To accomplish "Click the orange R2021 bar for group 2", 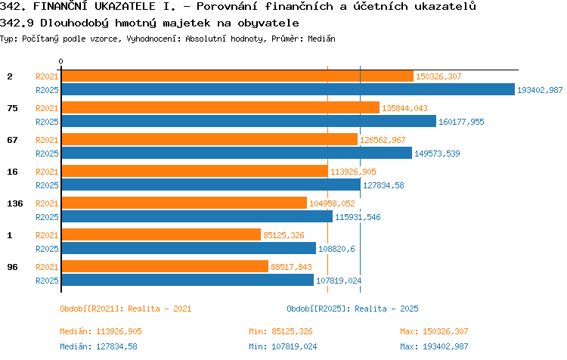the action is click(x=237, y=76).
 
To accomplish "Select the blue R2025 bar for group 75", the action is click(x=249, y=121).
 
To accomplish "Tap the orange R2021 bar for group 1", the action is click(x=161, y=234).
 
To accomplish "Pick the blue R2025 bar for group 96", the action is click(x=187, y=280).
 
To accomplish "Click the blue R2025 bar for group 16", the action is click(x=211, y=185).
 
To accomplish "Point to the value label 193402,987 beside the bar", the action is click(x=540, y=90).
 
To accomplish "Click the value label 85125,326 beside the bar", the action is click(x=283, y=235).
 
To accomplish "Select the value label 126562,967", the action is click(x=383, y=140).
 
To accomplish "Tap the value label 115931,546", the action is click(x=358, y=217).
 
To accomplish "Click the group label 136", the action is click(x=15, y=203).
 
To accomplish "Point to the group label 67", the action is click(x=12, y=140).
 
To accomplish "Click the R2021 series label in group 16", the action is click(x=47, y=172).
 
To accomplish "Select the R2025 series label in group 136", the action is click(x=47, y=217).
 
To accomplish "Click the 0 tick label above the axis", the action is click(x=60, y=61).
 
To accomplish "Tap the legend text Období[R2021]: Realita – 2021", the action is click(x=125, y=309).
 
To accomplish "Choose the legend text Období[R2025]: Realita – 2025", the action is click(x=352, y=309).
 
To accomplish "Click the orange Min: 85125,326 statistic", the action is click(x=280, y=331).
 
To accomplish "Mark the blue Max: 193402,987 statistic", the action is click(x=434, y=346).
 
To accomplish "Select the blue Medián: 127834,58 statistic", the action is click(x=98, y=346).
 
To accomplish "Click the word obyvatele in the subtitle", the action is click(x=268, y=23).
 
